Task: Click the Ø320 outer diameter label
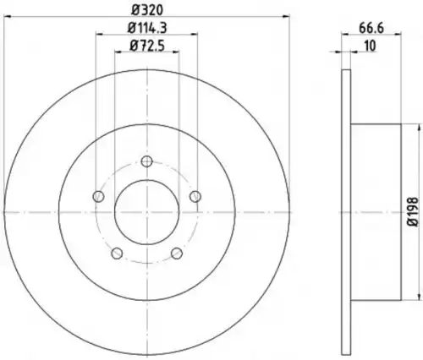(147, 10)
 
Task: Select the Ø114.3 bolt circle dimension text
(147, 28)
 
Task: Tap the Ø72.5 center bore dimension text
(147, 46)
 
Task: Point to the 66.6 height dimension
(371, 28)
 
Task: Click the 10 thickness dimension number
(370, 46)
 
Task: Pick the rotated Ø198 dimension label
(413, 211)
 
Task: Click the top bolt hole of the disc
(146, 161)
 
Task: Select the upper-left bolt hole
(98, 196)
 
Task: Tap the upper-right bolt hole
(195, 196)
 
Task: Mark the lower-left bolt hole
(117, 254)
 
